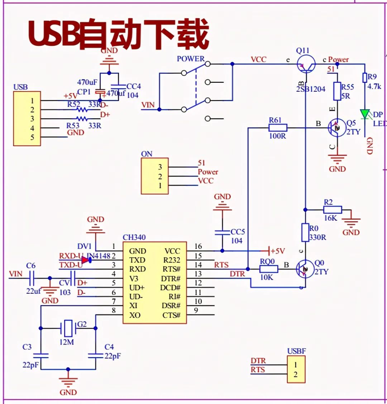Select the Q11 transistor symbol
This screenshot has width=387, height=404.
pyautogui.click(x=306, y=64)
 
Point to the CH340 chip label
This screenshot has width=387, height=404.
pyautogui.click(x=134, y=237)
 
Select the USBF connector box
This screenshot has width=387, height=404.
pyautogui.click(x=296, y=370)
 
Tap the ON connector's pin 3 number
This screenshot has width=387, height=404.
pyautogui.click(x=160, y=167)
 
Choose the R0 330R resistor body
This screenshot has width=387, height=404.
pyautogui.click(x=305, y=232)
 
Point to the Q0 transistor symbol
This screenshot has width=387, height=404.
pyautogui.click(x=305, y=269)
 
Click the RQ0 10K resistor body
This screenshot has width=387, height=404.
pyautogui.click(x=269, y=269)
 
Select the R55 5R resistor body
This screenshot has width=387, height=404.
pyautogui.click(x=337, y=91)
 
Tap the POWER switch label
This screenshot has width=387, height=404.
pyautogui.click(x=191, y=59)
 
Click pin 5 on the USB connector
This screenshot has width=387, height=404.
pyautogui.click(x=32, y=137)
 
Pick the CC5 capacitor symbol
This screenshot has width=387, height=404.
pyautogui.click(x=222, y=232)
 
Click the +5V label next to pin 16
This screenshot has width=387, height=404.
pyautogui.click(x=278, y=251)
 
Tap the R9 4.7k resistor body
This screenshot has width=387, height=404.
pyautogui.click(x=365, y=78)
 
